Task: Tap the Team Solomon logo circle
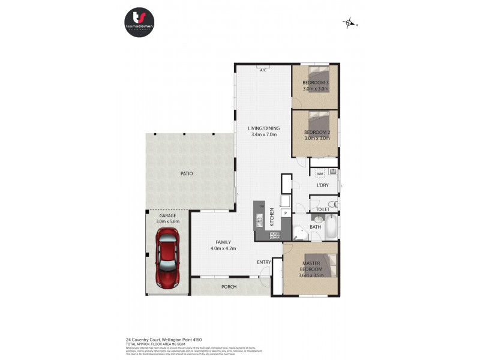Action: coord(140,22)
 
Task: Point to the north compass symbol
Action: coord(349,23)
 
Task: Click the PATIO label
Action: coord(187,173)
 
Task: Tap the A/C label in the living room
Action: coord(263,70)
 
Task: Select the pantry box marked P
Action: coord(286,212)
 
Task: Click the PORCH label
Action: coord(229,287)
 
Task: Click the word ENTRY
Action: coord(264,262)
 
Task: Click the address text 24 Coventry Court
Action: coord(161,338)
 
